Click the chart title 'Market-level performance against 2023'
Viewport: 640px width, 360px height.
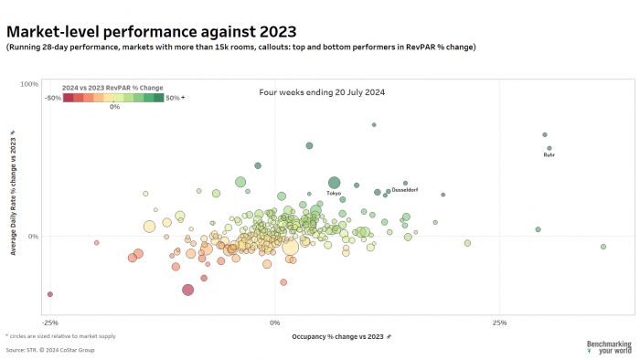(146, 31)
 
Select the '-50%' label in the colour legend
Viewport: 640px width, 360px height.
(53, 97)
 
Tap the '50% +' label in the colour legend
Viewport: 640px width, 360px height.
(176, 97)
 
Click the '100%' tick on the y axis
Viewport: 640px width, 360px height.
(28, 84)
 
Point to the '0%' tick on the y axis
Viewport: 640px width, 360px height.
(32, 237)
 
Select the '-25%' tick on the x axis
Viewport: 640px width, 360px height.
(50, 323)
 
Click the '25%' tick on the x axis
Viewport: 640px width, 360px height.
(499, 323)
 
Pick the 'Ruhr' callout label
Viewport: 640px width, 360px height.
(549, 155)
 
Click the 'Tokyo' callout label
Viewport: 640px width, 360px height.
(334, 194)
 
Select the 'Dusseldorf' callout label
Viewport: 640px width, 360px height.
(404, 190)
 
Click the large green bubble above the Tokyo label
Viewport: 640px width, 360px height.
(334, 183)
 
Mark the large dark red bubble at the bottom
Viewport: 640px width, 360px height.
(187, 290)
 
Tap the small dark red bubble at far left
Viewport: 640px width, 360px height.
(49, 294)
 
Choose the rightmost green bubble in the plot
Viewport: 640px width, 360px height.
(603, 247)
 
